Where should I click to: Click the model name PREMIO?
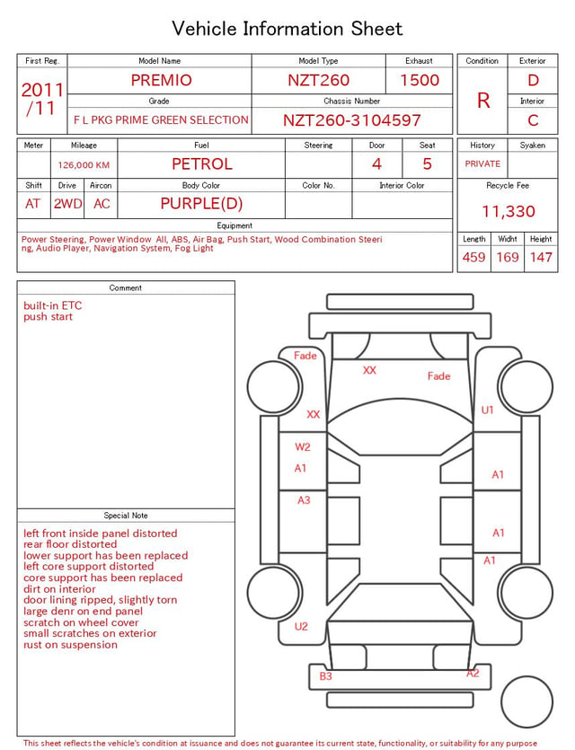[x=161, y=80]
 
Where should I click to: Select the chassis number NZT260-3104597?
[x=351, y=120]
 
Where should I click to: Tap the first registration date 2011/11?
[x=42, y=99]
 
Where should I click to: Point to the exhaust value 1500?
[x=419, y=80]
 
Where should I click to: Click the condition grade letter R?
[x=483, y=101]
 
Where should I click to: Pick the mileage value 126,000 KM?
[x=84, y=165]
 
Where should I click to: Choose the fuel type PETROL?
[x=202, y=164]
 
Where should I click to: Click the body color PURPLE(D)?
[x=201, y=204]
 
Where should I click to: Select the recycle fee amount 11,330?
[x=508, y=211]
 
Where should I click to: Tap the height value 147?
[x=541, y=257]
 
